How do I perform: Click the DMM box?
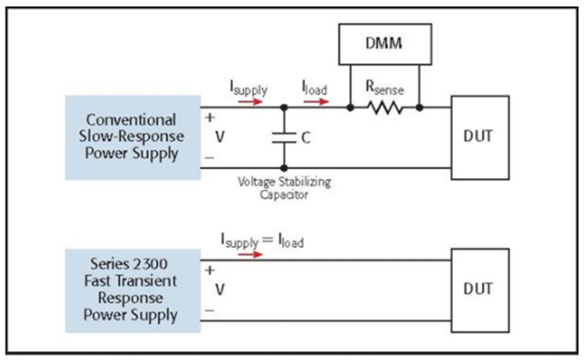tap(384, 44)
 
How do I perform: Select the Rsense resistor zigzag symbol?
tap(385, 107)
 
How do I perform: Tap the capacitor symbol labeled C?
tap(283, 138)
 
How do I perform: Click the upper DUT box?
tap(480, 136)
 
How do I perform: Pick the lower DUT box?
tap(480, 289)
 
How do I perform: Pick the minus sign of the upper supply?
tap(209, 158)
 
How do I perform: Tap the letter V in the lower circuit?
tap(219, 289)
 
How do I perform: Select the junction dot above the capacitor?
tap(283, 107)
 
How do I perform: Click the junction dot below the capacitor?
tap(283, 168)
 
